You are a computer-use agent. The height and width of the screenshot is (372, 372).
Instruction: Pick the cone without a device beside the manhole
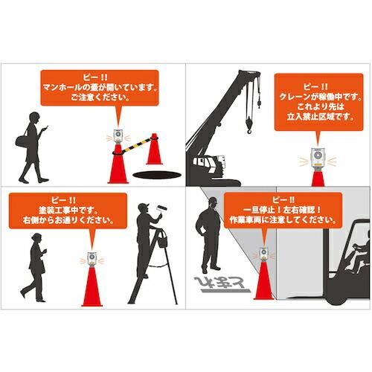(154, 152)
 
